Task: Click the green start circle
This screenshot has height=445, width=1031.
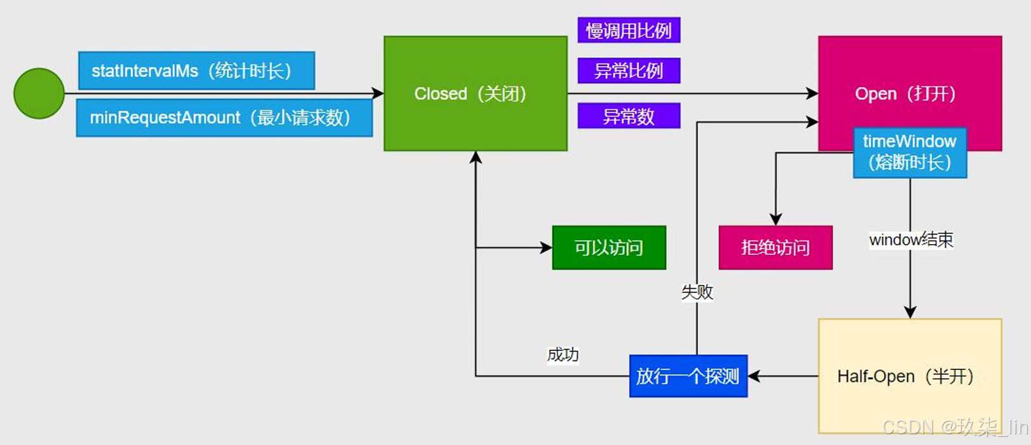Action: pos(39,93)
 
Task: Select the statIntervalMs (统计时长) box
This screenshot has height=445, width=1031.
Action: pos(196,71)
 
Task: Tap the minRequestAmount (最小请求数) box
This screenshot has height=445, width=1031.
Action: pos(224,118)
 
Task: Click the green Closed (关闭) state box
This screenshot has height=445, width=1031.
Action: pos(475,93)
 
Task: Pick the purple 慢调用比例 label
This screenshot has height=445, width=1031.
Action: pos(629,31)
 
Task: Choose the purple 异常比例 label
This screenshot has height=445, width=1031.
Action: pos(629,71)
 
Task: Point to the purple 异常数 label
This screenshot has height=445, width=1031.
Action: pos(629,116)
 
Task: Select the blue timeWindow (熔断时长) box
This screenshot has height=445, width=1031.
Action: pos(910,153)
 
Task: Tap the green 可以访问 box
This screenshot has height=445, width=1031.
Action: pos(609,247)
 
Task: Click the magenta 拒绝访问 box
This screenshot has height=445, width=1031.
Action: pos(775,247)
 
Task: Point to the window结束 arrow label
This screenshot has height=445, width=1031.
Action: pos(911,240)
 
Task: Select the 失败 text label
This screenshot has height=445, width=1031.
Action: pos(697,292)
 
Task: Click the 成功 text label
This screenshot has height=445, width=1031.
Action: pos(563,355)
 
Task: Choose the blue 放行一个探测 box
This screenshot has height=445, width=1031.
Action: pos(688,376)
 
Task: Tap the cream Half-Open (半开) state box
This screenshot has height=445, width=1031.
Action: pos(910,376)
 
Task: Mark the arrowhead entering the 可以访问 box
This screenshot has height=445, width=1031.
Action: pos(547,247)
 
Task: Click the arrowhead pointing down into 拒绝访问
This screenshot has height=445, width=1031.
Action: pos(775,219)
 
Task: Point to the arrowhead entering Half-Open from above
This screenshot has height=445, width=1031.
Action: pos(910,312)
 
